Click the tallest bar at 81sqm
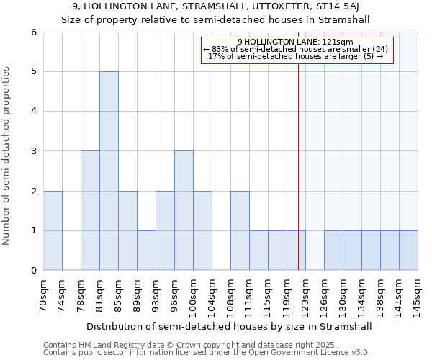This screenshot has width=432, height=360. tap(109, 171)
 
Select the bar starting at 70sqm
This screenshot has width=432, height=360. tap(53, 230)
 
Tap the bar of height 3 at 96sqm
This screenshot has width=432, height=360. tap(184, 210)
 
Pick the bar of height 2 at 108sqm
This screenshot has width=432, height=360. tap(240, 230)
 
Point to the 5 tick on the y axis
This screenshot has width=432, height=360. tap(33, 71)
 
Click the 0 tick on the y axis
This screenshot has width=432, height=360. tap(33, 270)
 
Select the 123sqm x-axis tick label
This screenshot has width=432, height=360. tap(305, 295)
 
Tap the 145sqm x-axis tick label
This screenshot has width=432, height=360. tap(418, 295)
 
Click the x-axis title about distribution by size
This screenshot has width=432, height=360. tap(230, 326)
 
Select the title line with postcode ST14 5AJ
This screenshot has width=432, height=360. tap(216, 6)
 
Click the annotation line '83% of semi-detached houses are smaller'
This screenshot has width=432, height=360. tap(296, 49)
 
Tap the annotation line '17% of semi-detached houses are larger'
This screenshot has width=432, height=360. tap(294, 56)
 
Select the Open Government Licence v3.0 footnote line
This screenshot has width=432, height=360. tap(207, 352)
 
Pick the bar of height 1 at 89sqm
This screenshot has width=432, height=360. tap(146, 250)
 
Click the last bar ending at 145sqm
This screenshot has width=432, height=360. tap(408, 250)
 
